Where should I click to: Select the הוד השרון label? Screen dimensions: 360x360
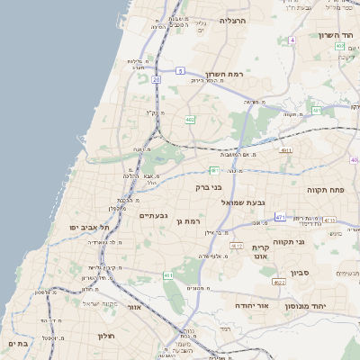click(x=338, y=35)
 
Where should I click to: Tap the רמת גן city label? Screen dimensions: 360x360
click(x=191, y=220)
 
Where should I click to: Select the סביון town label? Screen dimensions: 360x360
click(x=300, y=271)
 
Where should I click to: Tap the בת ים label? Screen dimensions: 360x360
click(x=17, y=343)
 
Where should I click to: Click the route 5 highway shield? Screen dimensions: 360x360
click(x=180, y=70)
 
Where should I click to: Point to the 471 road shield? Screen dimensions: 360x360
click(x=281, y=216)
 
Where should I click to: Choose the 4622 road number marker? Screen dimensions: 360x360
click(x=279, y=283)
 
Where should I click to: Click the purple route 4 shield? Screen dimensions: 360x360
click(x=292, y=40)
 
